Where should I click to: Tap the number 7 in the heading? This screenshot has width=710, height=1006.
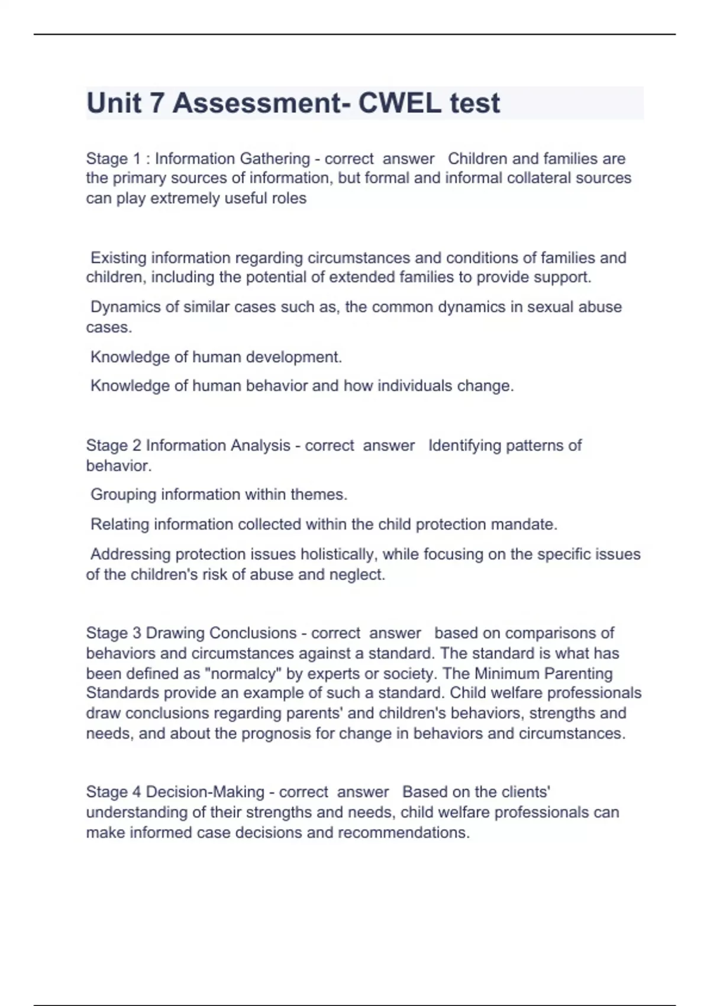156,103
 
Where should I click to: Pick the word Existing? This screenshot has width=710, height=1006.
118,258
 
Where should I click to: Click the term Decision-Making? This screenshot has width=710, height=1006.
205,792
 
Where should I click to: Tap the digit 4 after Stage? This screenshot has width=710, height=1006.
136,792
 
